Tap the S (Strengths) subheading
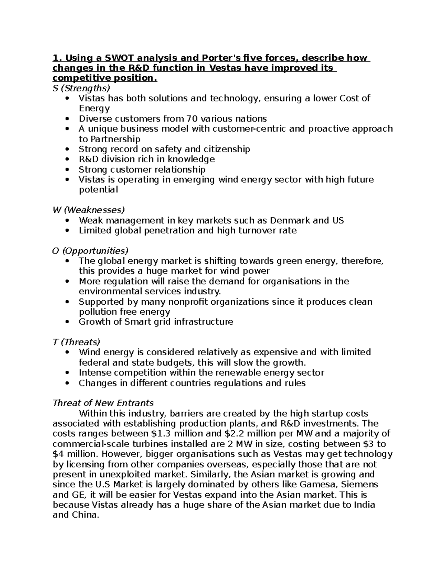click(81, 88)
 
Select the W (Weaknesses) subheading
click(88, 210)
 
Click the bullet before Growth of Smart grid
click(67, 322)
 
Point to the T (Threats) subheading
click(76, 342)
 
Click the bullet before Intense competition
click(67, 373)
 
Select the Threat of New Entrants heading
click(103, 403)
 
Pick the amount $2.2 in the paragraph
click(236, 434)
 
